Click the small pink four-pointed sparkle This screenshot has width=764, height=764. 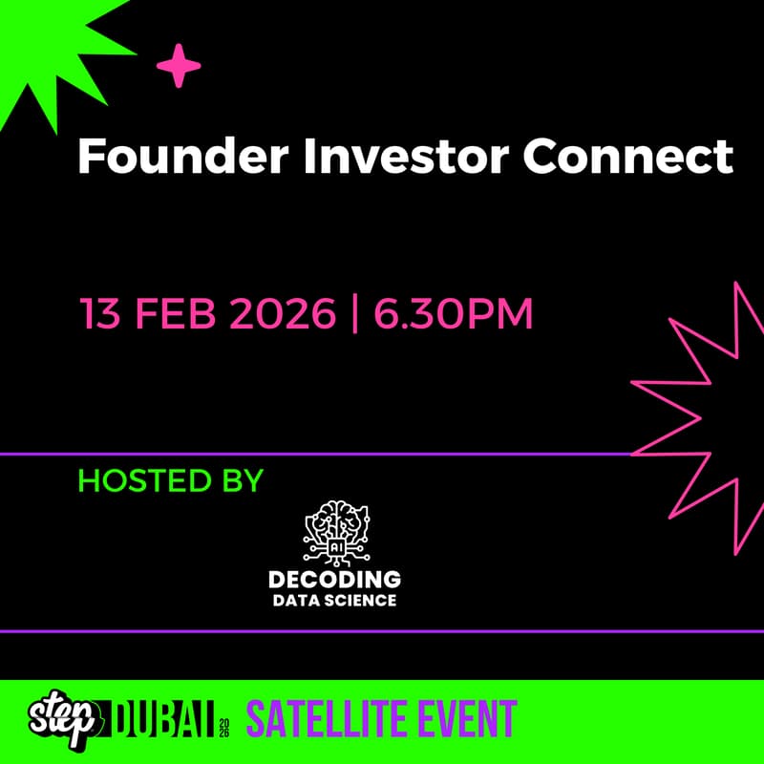(179, 67)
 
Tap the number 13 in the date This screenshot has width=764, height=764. (101, 314)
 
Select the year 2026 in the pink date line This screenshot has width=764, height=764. (285, 314)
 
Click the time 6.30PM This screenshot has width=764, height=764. (454, 314)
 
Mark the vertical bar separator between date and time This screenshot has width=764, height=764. (355, 314)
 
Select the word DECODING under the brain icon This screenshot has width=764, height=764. (334, 580)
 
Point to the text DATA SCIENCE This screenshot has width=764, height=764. (334, 601)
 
